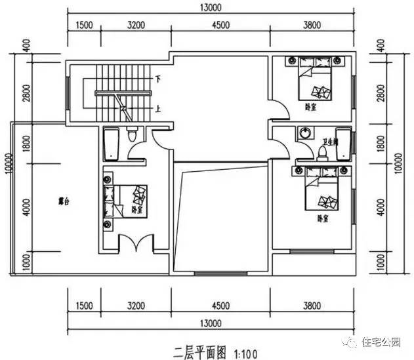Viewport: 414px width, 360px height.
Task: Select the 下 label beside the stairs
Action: click(157, 79)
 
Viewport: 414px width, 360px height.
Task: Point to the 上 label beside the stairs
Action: click(157, 109)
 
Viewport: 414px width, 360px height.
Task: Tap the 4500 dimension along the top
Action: click(220, 26)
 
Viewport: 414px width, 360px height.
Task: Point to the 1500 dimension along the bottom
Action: click(83, 304)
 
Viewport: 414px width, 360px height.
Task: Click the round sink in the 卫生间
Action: click(304, 132)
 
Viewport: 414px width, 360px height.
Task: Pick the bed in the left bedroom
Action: click(127, 199)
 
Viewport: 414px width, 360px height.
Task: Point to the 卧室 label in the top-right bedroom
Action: click(311, 106)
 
